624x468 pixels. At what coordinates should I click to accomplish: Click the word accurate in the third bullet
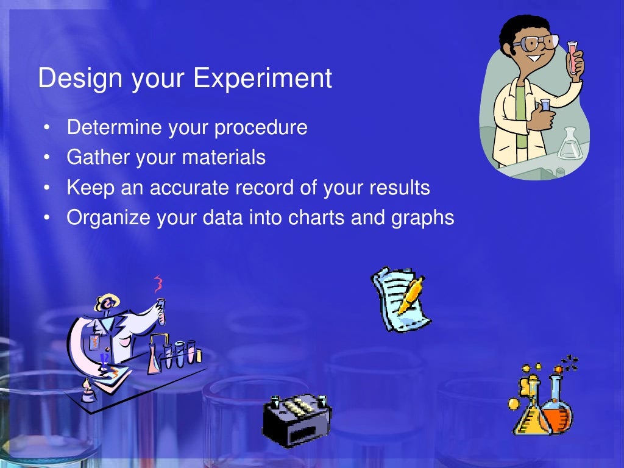pos(190,188)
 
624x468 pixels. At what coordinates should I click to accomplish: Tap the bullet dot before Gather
pos(47,158)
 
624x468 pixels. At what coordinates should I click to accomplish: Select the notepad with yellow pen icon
pos(400,299)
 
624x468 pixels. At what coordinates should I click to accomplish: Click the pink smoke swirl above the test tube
pos(158,283)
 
